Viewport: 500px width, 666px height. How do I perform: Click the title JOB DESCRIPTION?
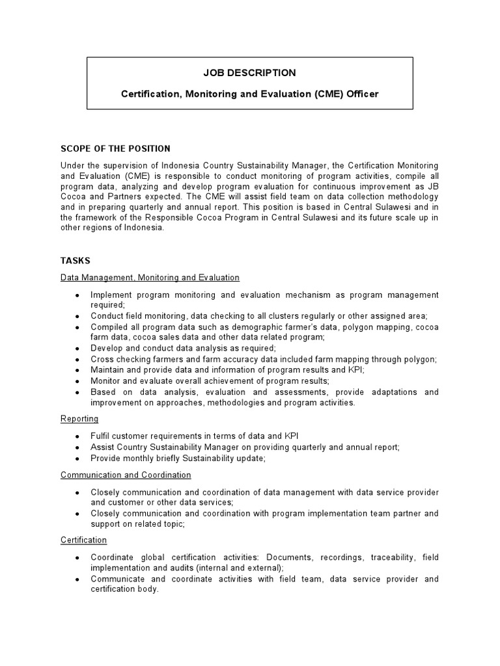pyautogui.click(x=250, y=73)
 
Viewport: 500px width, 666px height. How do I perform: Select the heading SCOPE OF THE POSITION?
pyautogui.click(x=115, y=149)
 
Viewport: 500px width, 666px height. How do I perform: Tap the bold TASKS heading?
pyautogui.click(x=75, y=260)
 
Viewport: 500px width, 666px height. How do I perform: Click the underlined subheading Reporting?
pyautogui.click(x=79, y=419)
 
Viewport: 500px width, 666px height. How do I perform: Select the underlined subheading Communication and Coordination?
pyautogui.click(x=126, y=475)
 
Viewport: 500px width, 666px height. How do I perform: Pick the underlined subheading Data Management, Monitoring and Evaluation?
pyautogui.click(x=150, y=278)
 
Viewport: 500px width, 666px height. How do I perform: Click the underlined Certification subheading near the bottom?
pyautogui.click(x=83, y=540)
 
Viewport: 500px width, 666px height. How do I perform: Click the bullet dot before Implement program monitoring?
pyautogui.click(x=77, y=295)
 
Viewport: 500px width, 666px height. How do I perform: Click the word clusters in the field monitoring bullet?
pyautogui.click(x=279, y=315)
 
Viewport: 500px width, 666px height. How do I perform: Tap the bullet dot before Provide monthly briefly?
pyautogui.click(x=77, y=459)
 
